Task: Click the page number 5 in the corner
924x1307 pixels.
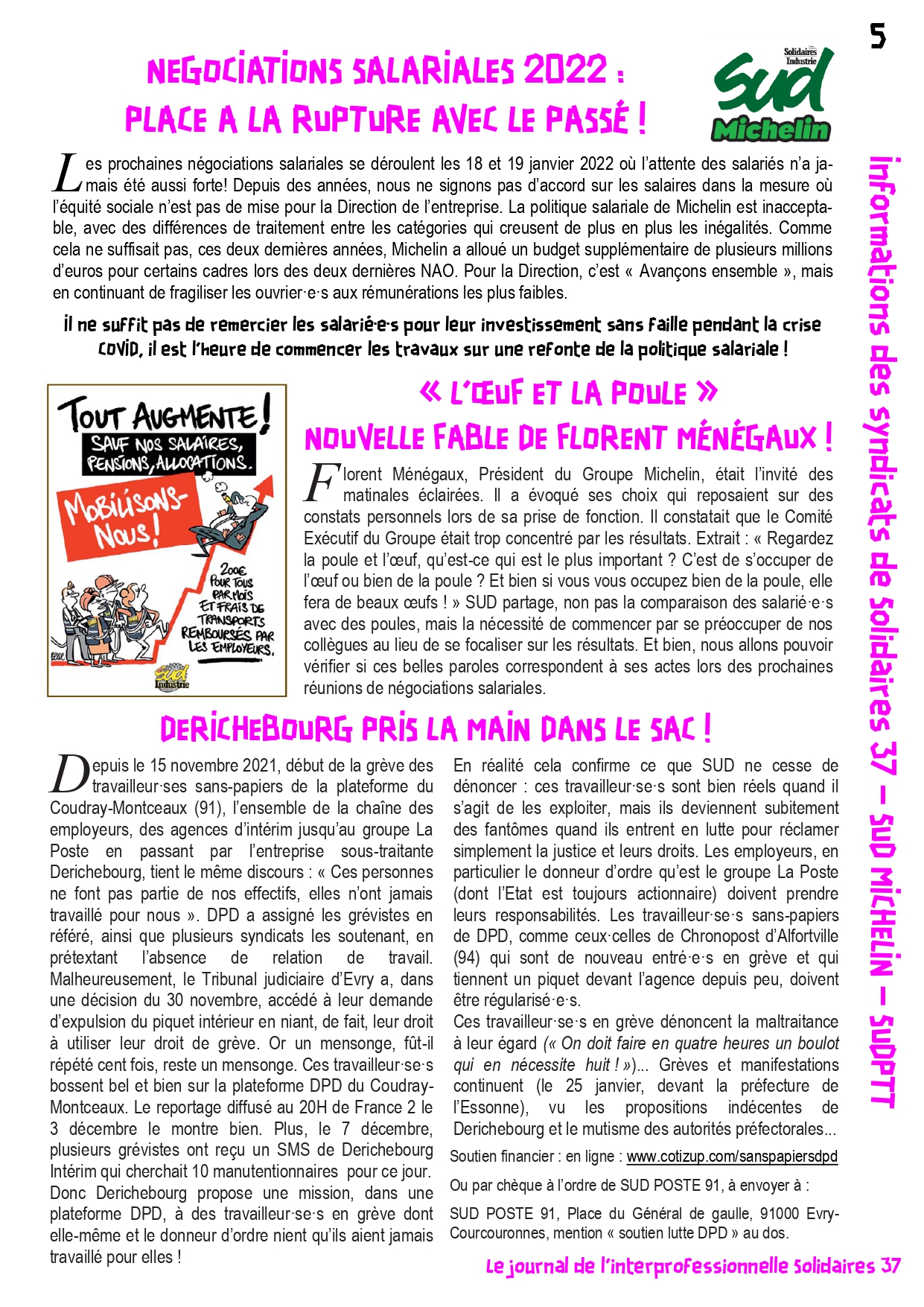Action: click(x=878, y=36)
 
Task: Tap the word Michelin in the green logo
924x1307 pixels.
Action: click(x=771, y=130)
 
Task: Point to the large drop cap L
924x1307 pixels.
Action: click(x=67, y=174)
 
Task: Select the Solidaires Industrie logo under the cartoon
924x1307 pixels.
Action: click(x=172, y=675)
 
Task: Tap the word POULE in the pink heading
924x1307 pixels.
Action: click(x=647, y=393)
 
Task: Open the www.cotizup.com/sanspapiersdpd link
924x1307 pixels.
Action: click(x=732, y=1156)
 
